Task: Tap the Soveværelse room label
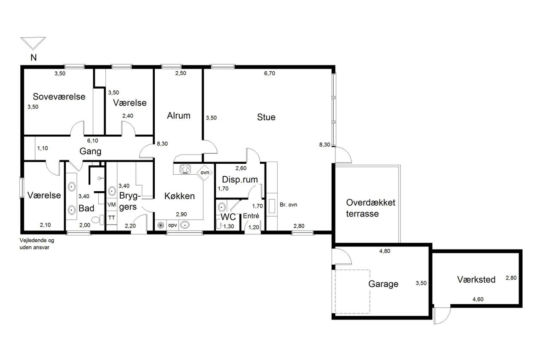coord(59,97)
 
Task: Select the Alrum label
coord(178,116)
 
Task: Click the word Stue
coord(266,117)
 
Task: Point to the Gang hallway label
coord(90,152)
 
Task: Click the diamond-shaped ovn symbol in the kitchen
coord(205,173)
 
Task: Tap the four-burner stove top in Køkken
coord(185,169)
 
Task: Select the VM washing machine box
coord(112,205)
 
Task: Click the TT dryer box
coord(112,218)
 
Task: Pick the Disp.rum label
coord(240,180)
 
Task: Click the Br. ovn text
coord(288,205)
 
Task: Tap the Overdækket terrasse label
coord(370,208)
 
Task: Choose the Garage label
coord(383,284)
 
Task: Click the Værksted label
coord(476,280)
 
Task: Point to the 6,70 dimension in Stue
coord(270,73)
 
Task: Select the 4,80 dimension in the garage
coord(385,251)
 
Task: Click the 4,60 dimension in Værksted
coord(478,299)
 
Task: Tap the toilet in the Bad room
coord(97,219)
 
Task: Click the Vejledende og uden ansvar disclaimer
coord(37,244)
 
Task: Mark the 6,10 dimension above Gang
coord(92,141)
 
